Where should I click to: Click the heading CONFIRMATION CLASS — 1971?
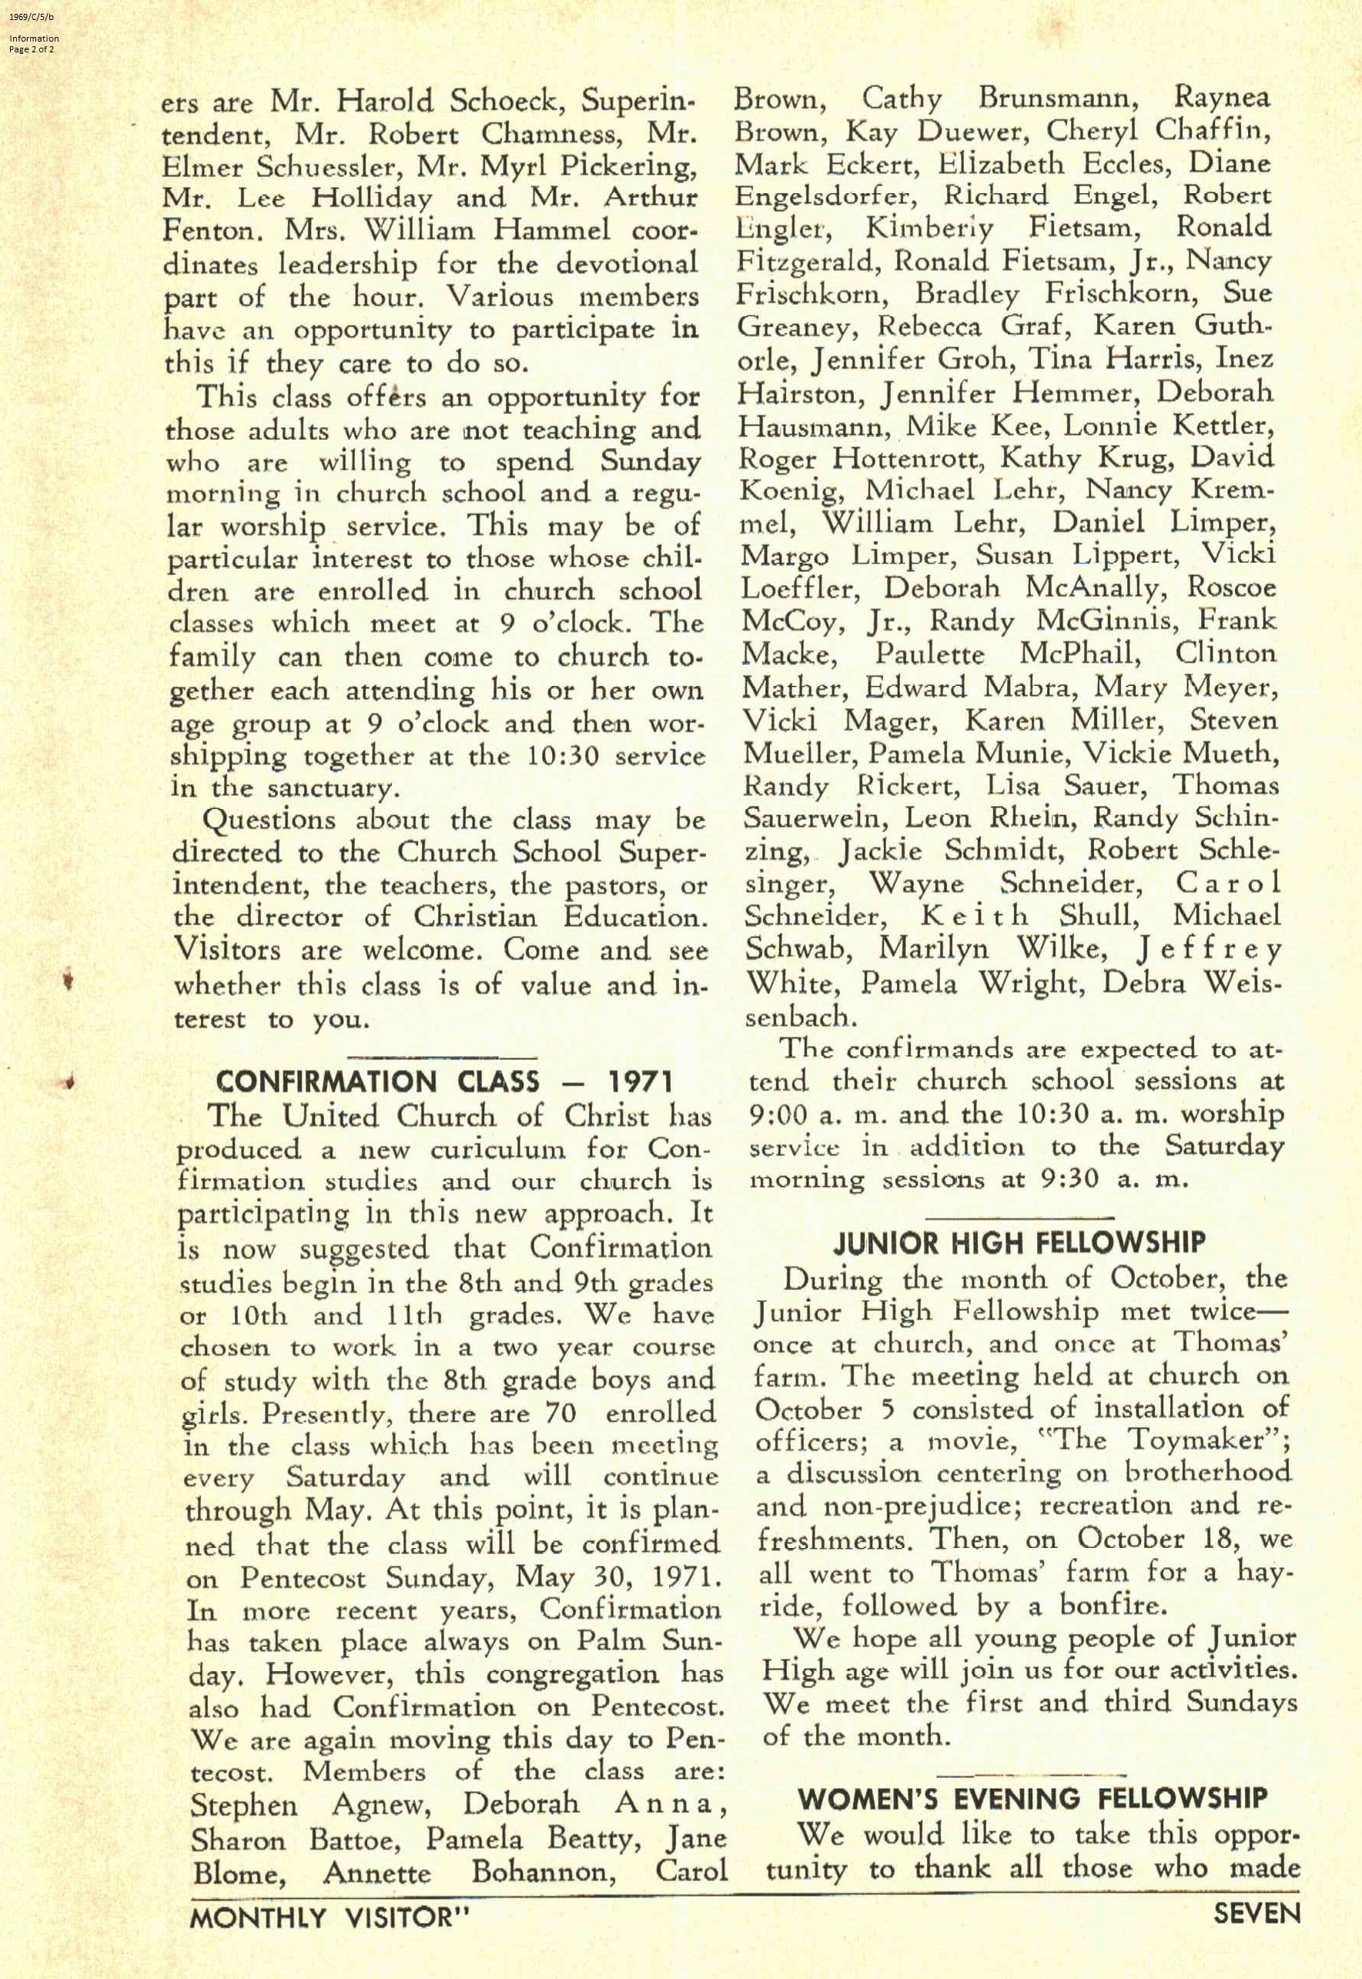pos(443,1081)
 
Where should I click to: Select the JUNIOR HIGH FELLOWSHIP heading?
pos(1020,1243)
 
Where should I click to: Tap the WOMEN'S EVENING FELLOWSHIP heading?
pos(1032,1799)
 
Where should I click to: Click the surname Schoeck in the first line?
pos(504,102)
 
